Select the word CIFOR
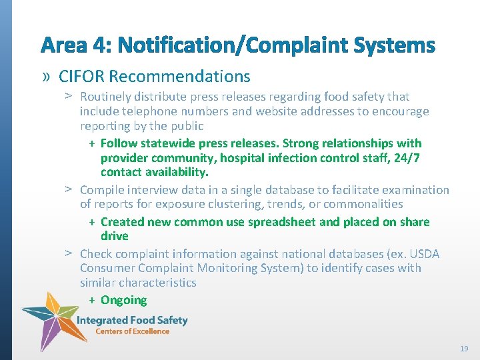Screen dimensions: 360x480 (79, 77)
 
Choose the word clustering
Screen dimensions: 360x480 (248, 204)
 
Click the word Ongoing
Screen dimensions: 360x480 (123, 300)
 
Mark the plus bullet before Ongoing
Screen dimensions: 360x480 (92, 301)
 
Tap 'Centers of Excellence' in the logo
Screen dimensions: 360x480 (132, 331)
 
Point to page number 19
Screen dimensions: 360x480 (463, 349)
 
